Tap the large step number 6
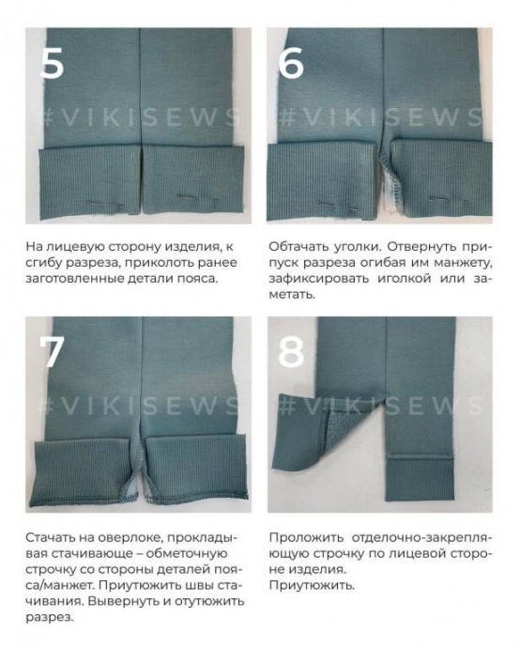point(293,63)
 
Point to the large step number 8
point(293,351)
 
